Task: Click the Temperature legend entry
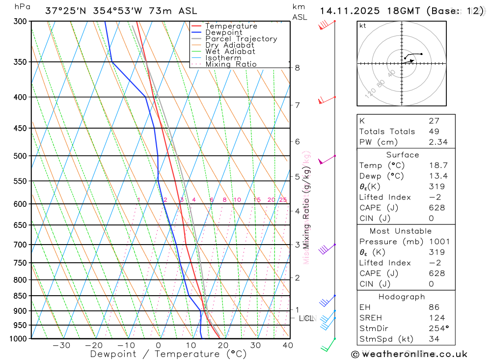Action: click(x=231, y=26)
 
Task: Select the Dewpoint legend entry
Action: click(x=223, y=32)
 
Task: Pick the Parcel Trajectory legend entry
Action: click(x=241, y=39)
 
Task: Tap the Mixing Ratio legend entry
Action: click(x=231, y=64)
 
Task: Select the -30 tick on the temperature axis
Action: click(x=61, y=345)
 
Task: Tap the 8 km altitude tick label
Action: click(x=298, y=68)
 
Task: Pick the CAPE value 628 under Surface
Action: click(x=436, y=208)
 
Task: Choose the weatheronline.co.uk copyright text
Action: click(x=409, y=354)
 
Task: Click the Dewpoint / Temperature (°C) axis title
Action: click(x=168, y=354)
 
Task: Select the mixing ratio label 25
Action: click(x=283, y=200)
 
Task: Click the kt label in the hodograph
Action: click(x=363, y=26)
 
